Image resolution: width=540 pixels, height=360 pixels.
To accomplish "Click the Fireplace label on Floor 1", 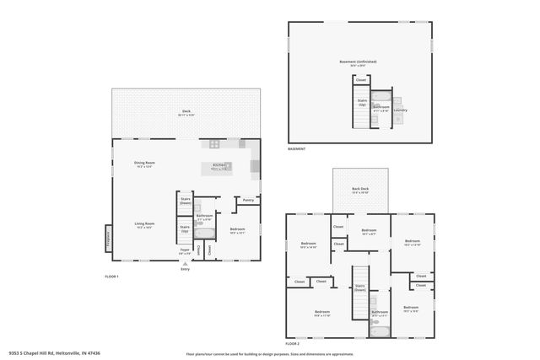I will click(x=107, y=238).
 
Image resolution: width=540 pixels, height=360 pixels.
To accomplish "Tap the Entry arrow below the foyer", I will click(x=185, y=264).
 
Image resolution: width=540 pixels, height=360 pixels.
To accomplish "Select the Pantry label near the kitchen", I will click(x=248, y=200).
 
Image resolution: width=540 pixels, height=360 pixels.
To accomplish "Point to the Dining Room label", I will click(x=144, y=163).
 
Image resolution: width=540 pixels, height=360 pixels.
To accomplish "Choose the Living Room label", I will click(x=144, y=224).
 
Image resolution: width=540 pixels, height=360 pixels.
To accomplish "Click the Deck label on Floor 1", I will click(x=186, y=111).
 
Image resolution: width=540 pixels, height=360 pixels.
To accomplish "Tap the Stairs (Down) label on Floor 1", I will click(x=185, y=201).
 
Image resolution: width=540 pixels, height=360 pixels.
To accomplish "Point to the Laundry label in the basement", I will click(x=400, y=110).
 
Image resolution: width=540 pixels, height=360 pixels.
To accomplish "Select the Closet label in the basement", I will click(x=360, y=80).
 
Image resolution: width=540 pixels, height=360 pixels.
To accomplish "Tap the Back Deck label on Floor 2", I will click(x=361, y=191).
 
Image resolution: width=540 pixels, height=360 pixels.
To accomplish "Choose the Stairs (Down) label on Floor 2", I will click(x=359, y=287).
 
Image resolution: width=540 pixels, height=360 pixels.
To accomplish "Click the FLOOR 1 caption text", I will click(x=111, y=277).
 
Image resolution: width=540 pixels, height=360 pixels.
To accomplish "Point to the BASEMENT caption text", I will click(x=296, y=149).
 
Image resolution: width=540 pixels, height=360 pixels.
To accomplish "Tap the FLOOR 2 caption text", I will click(x=292, y=344).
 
